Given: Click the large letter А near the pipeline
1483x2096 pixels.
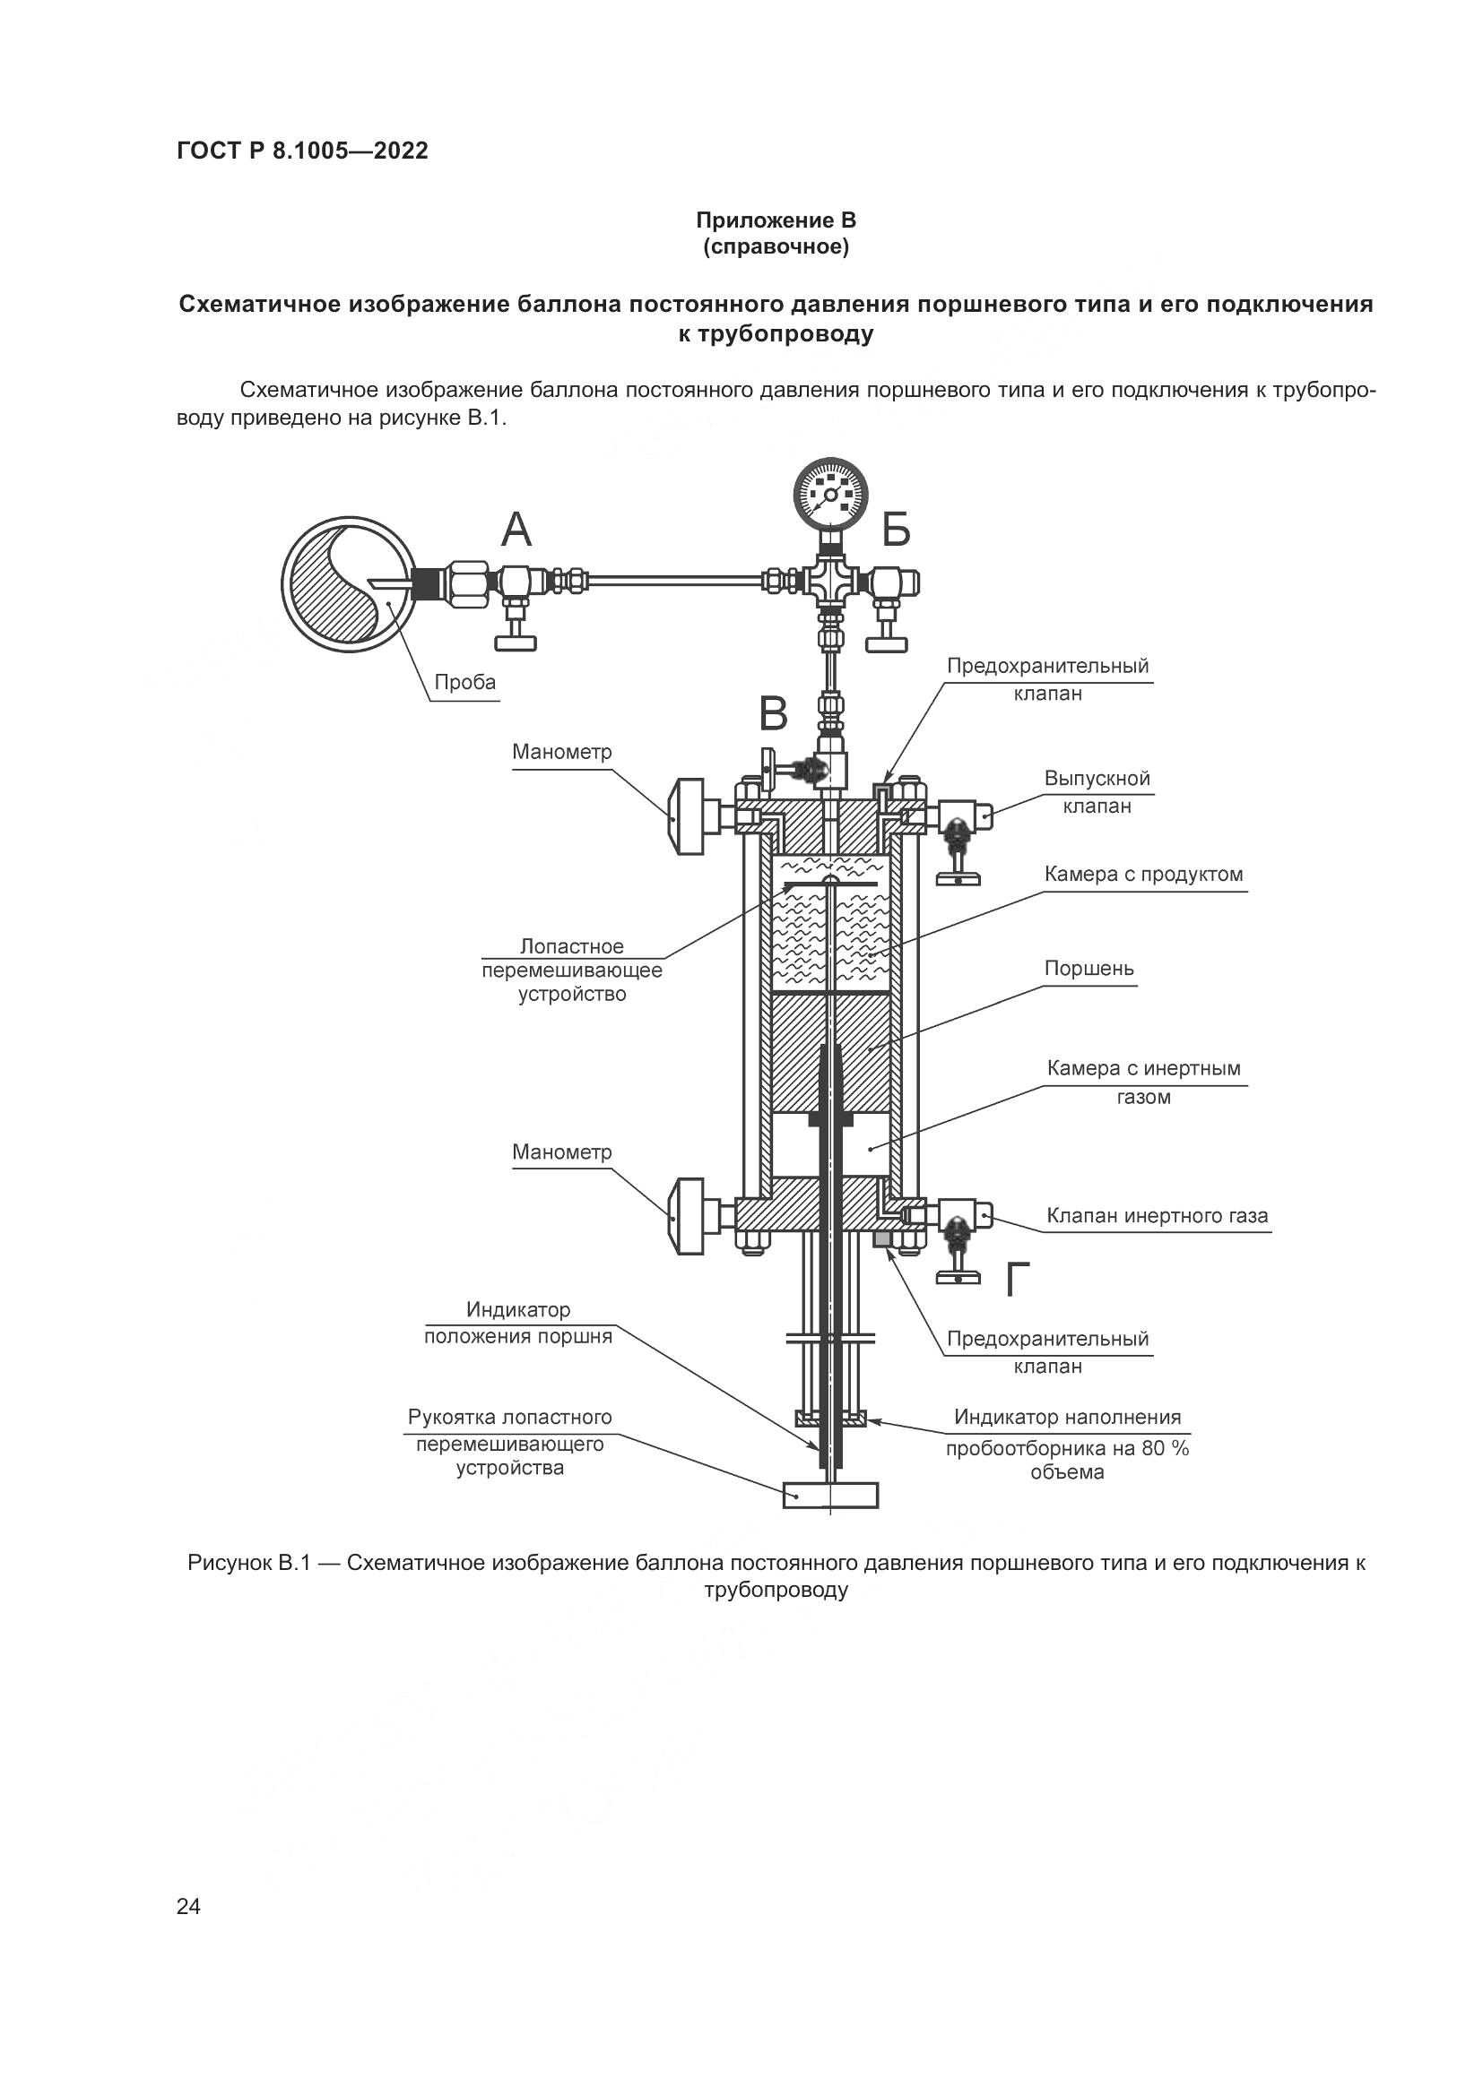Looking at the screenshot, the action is [x=516, y=529].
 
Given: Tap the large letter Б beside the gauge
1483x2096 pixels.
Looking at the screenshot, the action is [x=897, y=529].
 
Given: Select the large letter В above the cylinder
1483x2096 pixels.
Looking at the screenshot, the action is [x=774, y=714].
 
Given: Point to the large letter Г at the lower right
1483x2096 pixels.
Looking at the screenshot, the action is [x=1018, y=1280].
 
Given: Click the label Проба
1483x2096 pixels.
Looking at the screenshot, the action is [x=464, y=682].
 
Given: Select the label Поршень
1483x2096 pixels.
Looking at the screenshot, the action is [x=1088, y=968].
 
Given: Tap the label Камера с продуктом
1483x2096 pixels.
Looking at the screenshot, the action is [x=1143, y=874].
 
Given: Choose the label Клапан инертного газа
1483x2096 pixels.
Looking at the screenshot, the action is [x=1157, y=1216].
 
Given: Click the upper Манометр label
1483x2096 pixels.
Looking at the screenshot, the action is [x=561, y=752].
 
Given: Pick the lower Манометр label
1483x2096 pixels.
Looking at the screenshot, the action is [x=561, y=1152].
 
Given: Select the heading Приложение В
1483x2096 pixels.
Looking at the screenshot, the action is [x=776, y=220].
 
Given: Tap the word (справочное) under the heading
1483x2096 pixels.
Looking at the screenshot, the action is [x=776, y=247].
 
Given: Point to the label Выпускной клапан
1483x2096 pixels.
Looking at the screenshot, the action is [x=1097, y=792].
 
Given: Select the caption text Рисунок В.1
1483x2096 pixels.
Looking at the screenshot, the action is [x=249, y=1563].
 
